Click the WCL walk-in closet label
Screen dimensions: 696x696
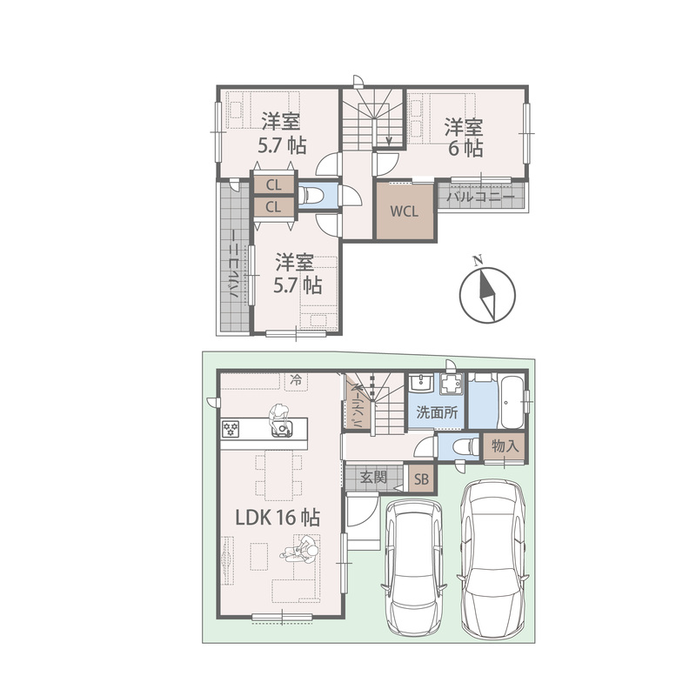click(404, 211)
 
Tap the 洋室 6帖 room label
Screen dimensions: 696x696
click(465, 137)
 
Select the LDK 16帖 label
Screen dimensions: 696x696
click(278, 517)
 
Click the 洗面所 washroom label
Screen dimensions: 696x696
click(437, 412)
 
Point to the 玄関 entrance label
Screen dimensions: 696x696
click(373, 477)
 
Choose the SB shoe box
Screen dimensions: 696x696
click(422, 479)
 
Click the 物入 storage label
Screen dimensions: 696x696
click(505, 446)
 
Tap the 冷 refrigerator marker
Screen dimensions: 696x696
click(296, 380)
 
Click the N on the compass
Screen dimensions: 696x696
click(478, 260)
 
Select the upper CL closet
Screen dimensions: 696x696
click(274, 184)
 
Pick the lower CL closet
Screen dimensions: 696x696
click(274, 206)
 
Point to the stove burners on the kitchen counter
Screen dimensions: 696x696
click(231, 429)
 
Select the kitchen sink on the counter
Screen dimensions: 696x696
click(282, 428)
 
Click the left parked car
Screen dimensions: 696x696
click(414, 568)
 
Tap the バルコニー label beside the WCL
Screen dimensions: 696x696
click(480, 197)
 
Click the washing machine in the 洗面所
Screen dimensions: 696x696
click(452, 384)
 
